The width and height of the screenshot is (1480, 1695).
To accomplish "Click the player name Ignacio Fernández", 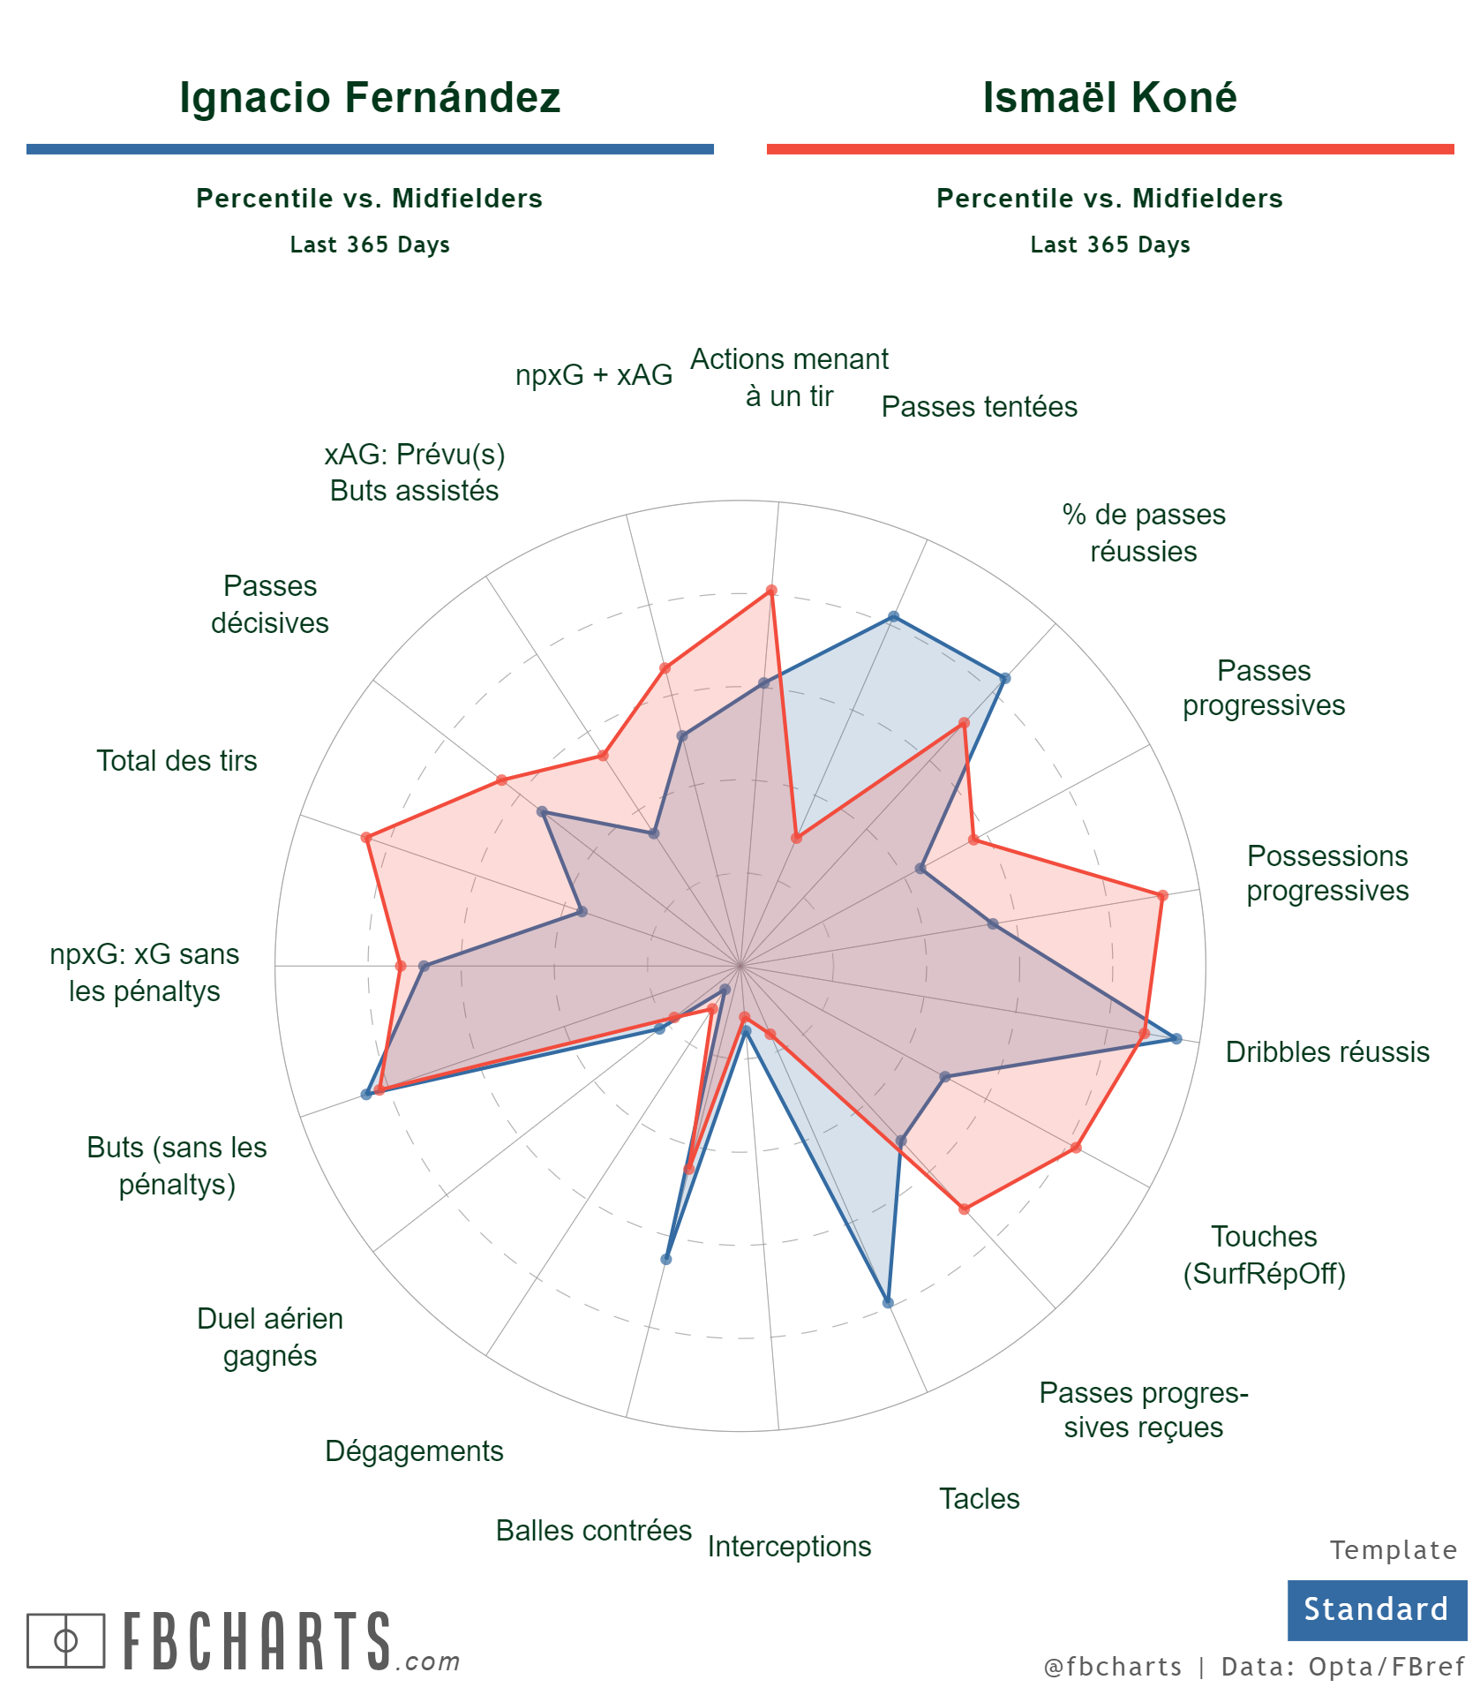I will [x=370, y=97].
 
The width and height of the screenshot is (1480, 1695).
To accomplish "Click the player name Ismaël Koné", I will [x=1109, y=97].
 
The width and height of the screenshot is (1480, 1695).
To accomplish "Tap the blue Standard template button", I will [x=1376, y=1609].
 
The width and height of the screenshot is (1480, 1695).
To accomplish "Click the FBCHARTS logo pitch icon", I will [x=65, y=1640].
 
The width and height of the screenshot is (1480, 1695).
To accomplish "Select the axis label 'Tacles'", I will [x=979, y=1498].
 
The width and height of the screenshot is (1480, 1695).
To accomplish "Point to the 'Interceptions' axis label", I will [x=789, y=1546].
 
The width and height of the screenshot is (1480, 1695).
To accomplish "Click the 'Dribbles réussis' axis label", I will [x=1327, y=1051].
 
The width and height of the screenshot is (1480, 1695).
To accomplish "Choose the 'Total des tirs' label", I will [x=177, y=760].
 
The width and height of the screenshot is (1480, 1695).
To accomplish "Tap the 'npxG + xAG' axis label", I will [x=594, y=374].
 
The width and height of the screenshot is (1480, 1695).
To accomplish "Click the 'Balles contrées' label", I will [x=593, y=1530].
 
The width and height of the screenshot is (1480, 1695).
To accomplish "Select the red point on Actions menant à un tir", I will [x=770, y=591].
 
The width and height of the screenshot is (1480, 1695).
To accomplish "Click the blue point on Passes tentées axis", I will [x=893, y=616].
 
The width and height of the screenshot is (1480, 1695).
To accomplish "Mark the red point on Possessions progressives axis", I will [x=1162, y=895].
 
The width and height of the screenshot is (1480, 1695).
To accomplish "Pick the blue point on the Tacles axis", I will [x=888, y=1302].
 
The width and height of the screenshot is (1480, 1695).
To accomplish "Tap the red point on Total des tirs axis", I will [x=365, y=837].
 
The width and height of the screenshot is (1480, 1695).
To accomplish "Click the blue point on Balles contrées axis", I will [x=666, y=1259].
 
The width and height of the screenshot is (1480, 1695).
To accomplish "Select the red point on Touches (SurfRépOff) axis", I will [x=1076, y=1148].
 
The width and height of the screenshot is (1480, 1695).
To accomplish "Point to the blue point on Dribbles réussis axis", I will [x=1176, y=1038].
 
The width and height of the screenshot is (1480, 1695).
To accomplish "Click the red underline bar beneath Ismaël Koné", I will [x=1109, y=149].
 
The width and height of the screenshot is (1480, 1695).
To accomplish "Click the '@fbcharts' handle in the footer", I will [x=1112, y=1667].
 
